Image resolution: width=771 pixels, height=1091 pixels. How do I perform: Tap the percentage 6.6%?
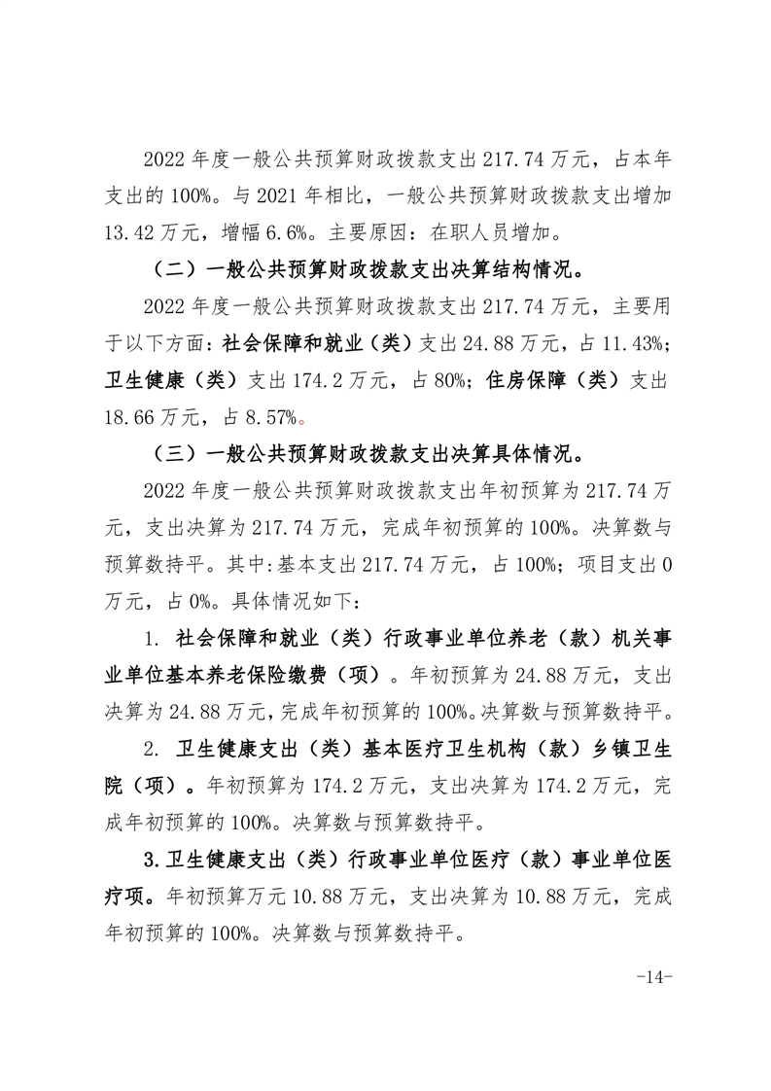(289, 232)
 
